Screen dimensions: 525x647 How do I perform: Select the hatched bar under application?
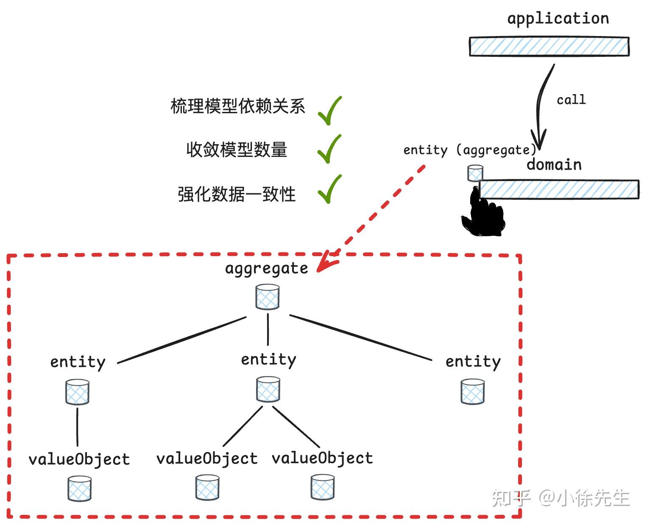(549, 47)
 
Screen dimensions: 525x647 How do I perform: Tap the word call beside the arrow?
(571, 100)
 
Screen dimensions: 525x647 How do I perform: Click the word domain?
(554, 165)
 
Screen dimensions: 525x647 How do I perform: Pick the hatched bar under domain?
(559, 189)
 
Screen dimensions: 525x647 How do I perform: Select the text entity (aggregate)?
(469, 150)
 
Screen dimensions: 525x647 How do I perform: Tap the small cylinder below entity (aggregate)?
(475, 173)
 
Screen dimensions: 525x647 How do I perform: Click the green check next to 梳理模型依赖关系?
(329, 111)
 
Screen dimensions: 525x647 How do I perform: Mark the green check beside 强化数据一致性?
(329, 189)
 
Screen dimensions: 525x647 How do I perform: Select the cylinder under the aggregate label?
(268, 297)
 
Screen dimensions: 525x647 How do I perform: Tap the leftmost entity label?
(78, 362)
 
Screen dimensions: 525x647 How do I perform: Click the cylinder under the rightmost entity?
(472, 391)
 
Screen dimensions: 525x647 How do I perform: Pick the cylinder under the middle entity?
(268, 389)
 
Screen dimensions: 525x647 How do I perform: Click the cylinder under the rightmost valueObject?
(322, 487)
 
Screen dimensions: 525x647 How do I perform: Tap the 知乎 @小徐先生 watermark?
(561, 498)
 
